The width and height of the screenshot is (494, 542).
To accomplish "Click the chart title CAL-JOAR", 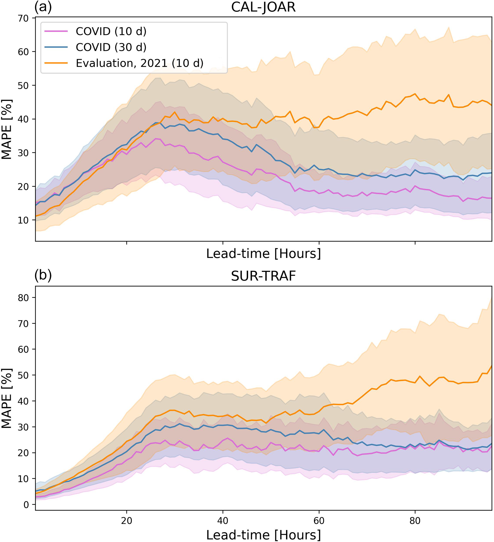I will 263,7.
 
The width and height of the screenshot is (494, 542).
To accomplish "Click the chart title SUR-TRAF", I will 263,276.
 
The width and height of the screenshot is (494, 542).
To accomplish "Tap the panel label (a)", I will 43,7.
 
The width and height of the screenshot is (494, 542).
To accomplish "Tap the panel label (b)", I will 43,275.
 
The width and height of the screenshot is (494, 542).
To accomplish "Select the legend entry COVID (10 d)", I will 111,32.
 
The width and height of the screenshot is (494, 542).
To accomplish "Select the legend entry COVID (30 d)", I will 111,47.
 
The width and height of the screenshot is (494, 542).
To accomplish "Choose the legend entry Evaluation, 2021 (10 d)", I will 139,63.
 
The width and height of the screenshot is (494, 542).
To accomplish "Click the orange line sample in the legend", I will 56,63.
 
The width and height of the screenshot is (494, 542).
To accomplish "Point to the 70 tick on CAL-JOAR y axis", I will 23,18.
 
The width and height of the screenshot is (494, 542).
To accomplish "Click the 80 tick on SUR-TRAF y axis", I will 23,298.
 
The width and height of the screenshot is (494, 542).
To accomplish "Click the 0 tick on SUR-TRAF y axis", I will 26,505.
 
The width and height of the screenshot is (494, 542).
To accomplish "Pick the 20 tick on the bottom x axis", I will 126,521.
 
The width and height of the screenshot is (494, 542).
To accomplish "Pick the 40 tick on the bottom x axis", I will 223,521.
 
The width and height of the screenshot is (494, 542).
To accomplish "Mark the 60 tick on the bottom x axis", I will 319,521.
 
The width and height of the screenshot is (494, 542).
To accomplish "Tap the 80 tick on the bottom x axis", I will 415,521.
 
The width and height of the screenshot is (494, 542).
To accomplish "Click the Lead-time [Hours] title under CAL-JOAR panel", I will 263,253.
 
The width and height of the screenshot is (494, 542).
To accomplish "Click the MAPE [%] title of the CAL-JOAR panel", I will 7,129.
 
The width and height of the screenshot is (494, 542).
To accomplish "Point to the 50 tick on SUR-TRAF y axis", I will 23,375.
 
